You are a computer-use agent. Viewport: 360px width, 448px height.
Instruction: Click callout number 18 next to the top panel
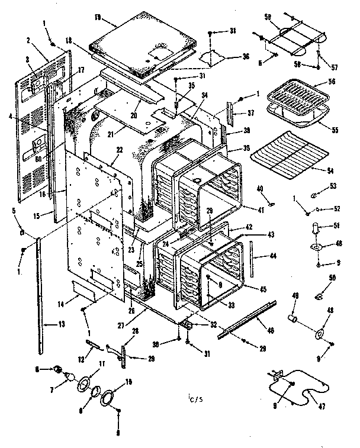(70, 40)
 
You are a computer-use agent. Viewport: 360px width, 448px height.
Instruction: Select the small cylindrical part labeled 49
(292, 320)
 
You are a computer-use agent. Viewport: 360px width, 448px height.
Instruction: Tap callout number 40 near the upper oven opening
(260, 189)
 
